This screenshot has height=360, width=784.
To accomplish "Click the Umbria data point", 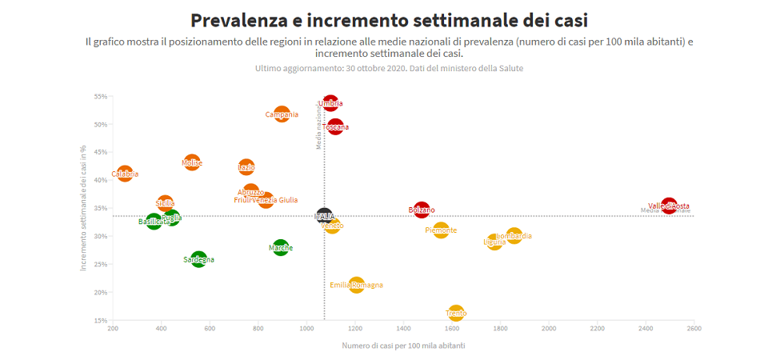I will coord(330,103).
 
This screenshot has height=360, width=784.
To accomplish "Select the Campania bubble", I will coord(282,114).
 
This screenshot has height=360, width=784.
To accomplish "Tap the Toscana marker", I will coord(336,126).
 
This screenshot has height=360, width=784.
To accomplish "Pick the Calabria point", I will coord(125,174).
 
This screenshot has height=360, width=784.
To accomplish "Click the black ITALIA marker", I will coord(325,216).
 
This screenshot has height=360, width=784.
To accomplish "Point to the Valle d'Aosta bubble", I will coord(669,206).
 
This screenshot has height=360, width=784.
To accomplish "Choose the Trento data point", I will coord(456,313).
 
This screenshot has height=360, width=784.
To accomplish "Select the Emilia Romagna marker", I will coord(357,285).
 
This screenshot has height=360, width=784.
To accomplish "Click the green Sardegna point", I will coord(198,259).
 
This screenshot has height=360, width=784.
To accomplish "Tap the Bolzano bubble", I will coord(422,210).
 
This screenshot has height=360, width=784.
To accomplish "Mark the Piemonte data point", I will coord(441,230).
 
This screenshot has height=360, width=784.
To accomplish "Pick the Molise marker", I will coord(192,163).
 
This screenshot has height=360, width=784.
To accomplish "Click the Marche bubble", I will coord(281,248).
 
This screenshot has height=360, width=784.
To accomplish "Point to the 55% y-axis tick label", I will coord(101,97).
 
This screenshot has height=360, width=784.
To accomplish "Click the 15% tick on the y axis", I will coord(101,320).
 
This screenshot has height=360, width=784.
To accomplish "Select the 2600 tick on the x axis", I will coord(694,329).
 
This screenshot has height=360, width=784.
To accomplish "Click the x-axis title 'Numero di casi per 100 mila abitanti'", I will coord(403,346).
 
